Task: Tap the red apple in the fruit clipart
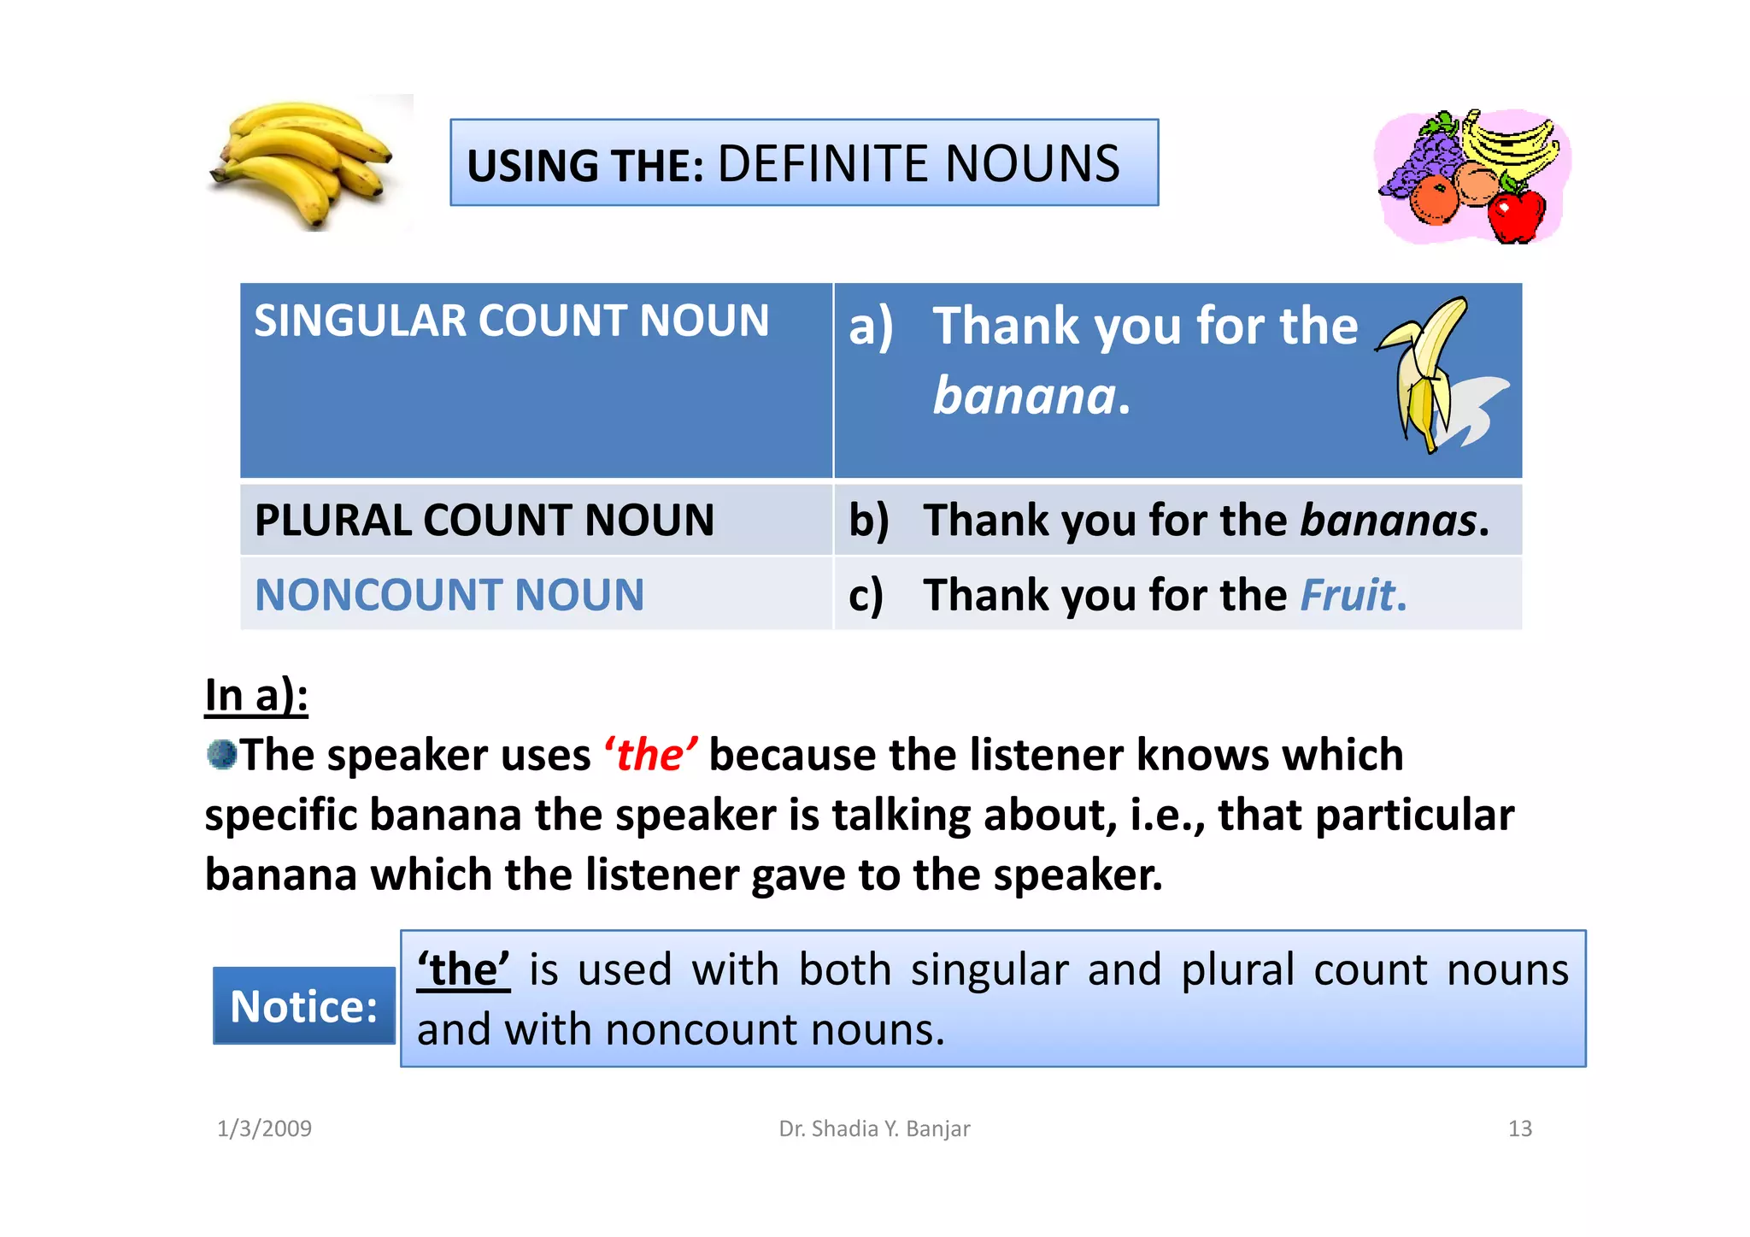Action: pyautogui.click(x=1517, y=215)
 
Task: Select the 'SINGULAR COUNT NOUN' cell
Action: pyautogui.click(x=511, y=321)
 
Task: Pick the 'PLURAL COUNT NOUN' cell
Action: pyautogui.click(x=484, y=520)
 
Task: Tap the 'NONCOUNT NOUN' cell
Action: pyautogui.click(x=449, y=595)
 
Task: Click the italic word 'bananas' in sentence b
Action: pyautogui.click(x=1388, y=520)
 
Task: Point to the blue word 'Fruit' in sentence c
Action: pyautogui.click(x=1348, y=595)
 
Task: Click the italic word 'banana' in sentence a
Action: pyautogui.click(x=1024, y=397)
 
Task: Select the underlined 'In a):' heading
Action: pyautogui.click(x=256, y=695)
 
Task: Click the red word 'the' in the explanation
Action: pyautogui.click(x=650, y=755)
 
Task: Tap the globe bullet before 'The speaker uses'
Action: pyautogui.click(x=221, y=754)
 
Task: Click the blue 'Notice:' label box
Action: pyautogui.click(x=304, y=1006)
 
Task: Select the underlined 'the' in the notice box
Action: pyautogui.click(x=463, y=970)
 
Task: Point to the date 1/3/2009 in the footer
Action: pyautogui.click(x=264, y=1128)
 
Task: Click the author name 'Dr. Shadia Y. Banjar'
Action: pyautogui.click(x=874, y=1128)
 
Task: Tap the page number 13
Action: pyautogui.click(x=1519, y=1128)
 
